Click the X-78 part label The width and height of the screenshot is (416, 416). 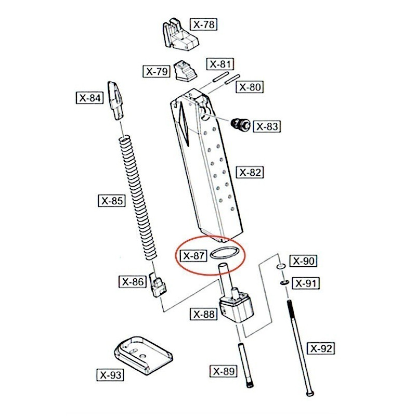(204, 24)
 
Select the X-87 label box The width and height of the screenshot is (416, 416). (193, 256)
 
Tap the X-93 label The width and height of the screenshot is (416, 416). (110, 375)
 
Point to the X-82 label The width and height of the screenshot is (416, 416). (250, 173)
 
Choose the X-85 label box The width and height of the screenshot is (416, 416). (112, 201)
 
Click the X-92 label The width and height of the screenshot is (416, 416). (321, 348)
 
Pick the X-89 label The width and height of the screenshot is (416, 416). (224, 371)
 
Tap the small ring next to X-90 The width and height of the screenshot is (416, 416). (281, 266)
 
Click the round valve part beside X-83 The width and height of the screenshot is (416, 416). (240, 124)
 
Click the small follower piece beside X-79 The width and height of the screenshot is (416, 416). (186, 71)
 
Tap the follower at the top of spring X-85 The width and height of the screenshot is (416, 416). (115, 101)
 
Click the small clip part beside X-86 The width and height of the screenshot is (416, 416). (158, 285)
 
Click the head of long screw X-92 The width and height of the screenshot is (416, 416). (309, 393)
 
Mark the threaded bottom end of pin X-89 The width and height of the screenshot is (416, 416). (250, 383)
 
